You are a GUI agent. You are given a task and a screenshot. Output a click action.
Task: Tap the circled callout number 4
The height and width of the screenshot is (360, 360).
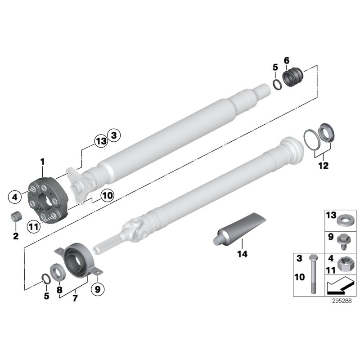coord(15,196)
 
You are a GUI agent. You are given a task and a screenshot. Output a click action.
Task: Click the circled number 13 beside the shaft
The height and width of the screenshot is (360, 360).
coord(101,141)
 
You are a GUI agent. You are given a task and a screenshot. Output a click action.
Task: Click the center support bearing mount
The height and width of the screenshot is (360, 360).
coord(80,260)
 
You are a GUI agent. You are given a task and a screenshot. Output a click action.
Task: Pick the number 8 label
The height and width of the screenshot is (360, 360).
coord(59,290)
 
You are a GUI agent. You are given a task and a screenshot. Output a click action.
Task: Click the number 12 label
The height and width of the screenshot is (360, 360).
coord(323,165)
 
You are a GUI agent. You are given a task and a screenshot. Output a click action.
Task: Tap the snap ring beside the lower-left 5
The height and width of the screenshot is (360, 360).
coord(46,279)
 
